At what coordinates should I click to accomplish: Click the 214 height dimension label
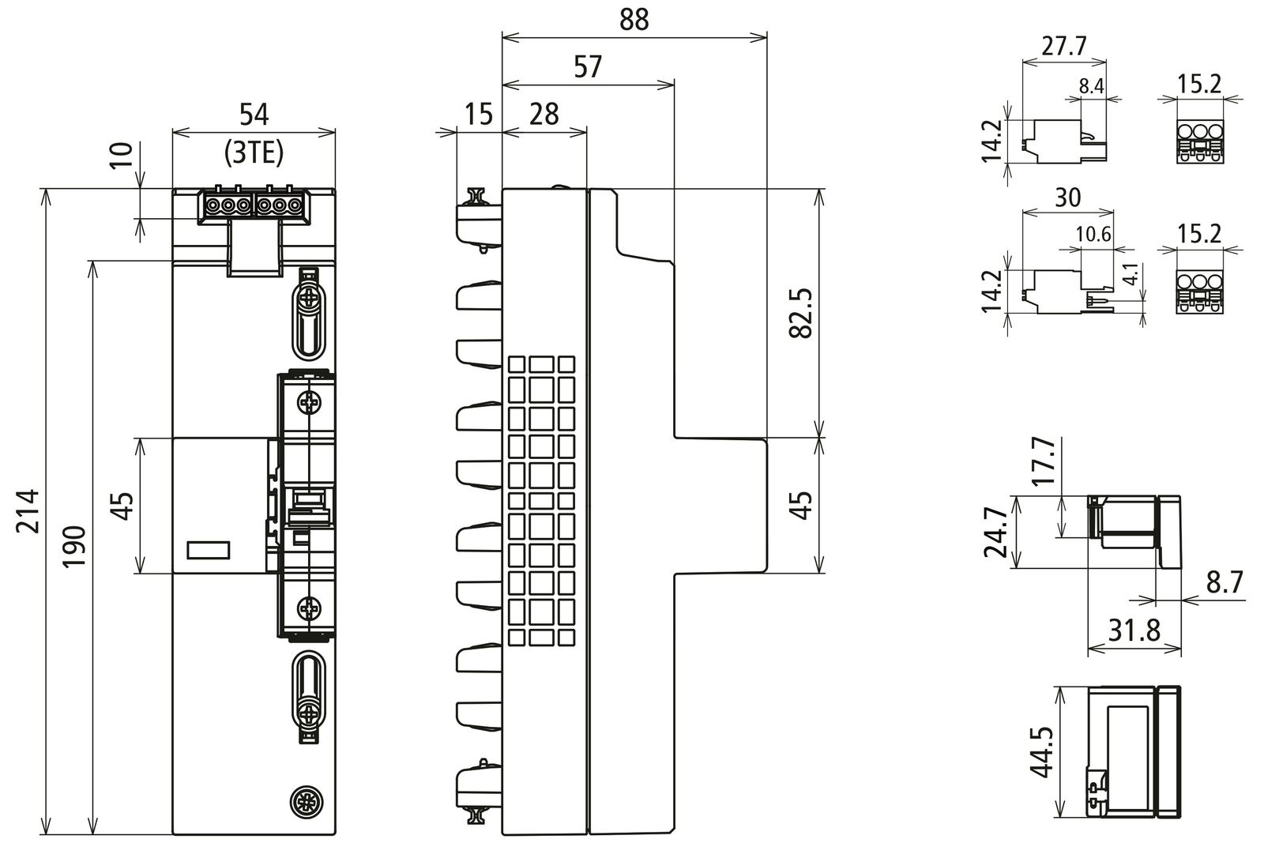[28, 510]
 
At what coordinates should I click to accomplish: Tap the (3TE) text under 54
[254, 152]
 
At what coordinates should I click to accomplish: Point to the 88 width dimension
[634, 20]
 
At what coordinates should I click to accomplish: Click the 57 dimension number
[588, 67]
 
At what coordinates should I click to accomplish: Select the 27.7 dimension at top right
[1063, 46]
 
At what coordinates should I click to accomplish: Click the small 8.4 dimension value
[1091, 86]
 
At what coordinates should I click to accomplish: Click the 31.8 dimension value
[1134, 630]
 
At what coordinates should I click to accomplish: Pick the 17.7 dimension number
[1042, 463]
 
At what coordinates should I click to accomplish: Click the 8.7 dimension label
[1224, 583]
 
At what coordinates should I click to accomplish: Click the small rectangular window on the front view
[209, 551]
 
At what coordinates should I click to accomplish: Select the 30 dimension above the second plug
[1067, 197]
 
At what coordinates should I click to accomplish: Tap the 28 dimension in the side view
[544, 114]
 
